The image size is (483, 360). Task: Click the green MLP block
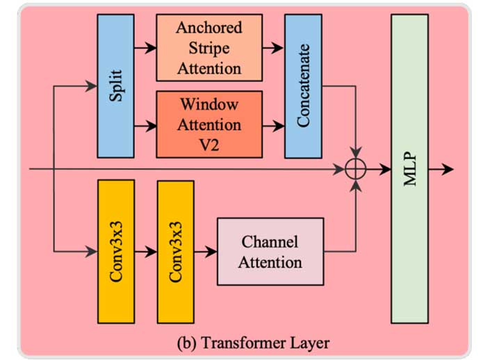pyautogui.click(x=409, y=168)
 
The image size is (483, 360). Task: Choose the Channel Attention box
pyautogui.click(x=270, y=252)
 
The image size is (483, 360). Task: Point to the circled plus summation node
pyautogui.click(x=356, y=169)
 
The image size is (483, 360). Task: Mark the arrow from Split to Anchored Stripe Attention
pyautogui.click(x=145, y=49)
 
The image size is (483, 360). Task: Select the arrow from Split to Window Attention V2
pyautogui.click(x=145, y=126)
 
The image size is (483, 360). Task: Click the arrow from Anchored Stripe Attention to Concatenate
pyautogui.click(x=273, y=49)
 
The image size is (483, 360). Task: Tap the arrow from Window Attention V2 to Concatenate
pyautogui.click(x=273, y=126)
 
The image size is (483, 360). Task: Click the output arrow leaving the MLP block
pyautogui.click(x=441, y=169)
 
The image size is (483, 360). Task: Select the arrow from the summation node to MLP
pyautogui.click(x=378, y=169)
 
